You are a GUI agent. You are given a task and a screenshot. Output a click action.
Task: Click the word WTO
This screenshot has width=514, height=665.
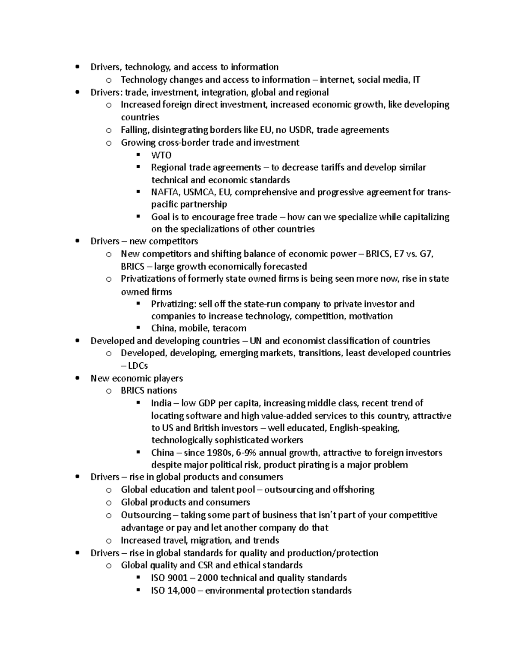point(161,155)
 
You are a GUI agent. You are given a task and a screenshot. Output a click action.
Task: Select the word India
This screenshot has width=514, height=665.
point(161,403)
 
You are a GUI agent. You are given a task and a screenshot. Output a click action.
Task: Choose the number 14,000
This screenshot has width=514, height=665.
point(180,590)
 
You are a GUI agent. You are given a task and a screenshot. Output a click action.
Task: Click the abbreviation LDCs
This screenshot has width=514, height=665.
point(138,365)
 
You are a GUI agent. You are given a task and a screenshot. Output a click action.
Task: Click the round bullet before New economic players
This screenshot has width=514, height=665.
point(77,378)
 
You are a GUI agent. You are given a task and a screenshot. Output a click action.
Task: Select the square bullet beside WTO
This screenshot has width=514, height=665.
point(138,155)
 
